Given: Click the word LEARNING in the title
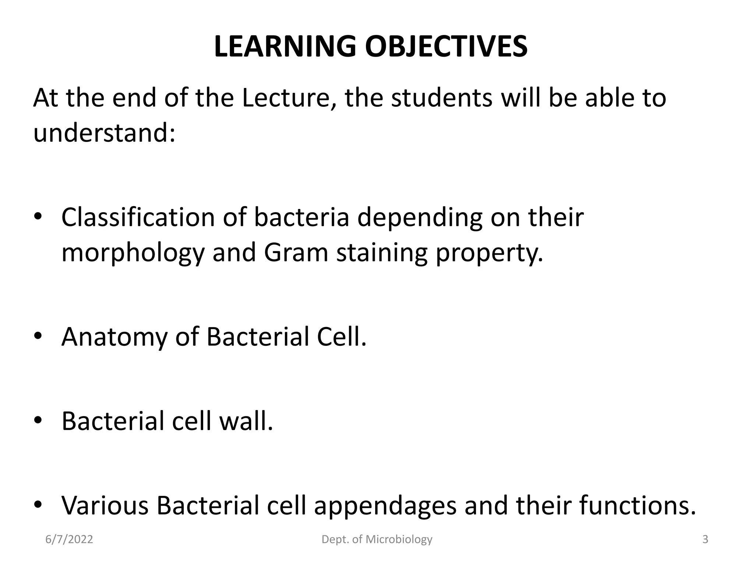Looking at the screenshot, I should [x=285, y=47].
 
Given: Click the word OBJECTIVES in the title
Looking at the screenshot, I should [x=446, y=47].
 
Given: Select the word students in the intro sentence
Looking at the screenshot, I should [x=441, y=98].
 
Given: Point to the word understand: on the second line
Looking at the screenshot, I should [x=104, y=133].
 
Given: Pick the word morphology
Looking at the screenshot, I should [x=133, y=253].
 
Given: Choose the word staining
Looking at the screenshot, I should [x=382, y=253].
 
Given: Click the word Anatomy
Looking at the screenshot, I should [x=114, y=337].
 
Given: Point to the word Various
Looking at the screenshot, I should [x=105, y=506].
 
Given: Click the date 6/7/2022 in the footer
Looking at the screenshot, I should [x=69, y=540].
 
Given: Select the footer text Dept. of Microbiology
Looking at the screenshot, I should [x=377, y=540].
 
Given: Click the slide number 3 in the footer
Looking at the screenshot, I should [x=705, y=540].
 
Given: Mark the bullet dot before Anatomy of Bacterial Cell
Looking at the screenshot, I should [x=38, y=336].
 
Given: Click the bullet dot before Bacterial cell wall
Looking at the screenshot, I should [x=38, y=420].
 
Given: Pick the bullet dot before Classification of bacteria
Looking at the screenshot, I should [x=38, y=217].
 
